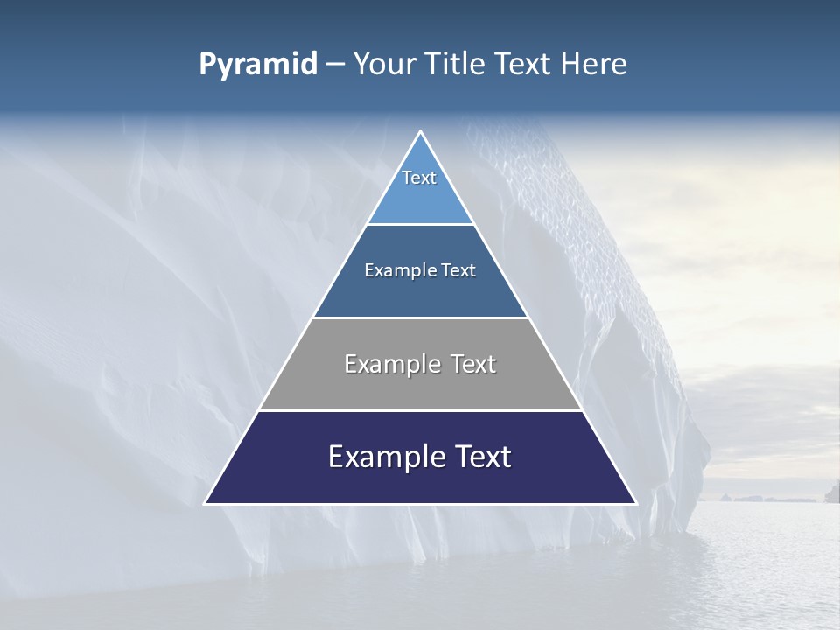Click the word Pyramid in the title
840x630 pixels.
pyautogui.click(x=257, y=65)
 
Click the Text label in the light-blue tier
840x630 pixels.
pyautogui.click(x=419, y=178)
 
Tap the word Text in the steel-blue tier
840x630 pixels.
pyautogui.click(x=459, y=271)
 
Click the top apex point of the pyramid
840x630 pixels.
pyautogui.click(x=420, y=131)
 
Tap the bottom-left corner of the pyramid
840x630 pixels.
pyautogui.click(x=206, y=503)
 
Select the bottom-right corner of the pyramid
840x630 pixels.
pyautogui.click(x=635, y=503)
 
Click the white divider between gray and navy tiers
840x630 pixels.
pyautogui.click(x=420, y=410)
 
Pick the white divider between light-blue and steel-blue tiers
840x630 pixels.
pyautogui.click(x=420, y=224)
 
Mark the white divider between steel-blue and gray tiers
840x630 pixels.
pyautogui.click(x=420, y=318)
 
